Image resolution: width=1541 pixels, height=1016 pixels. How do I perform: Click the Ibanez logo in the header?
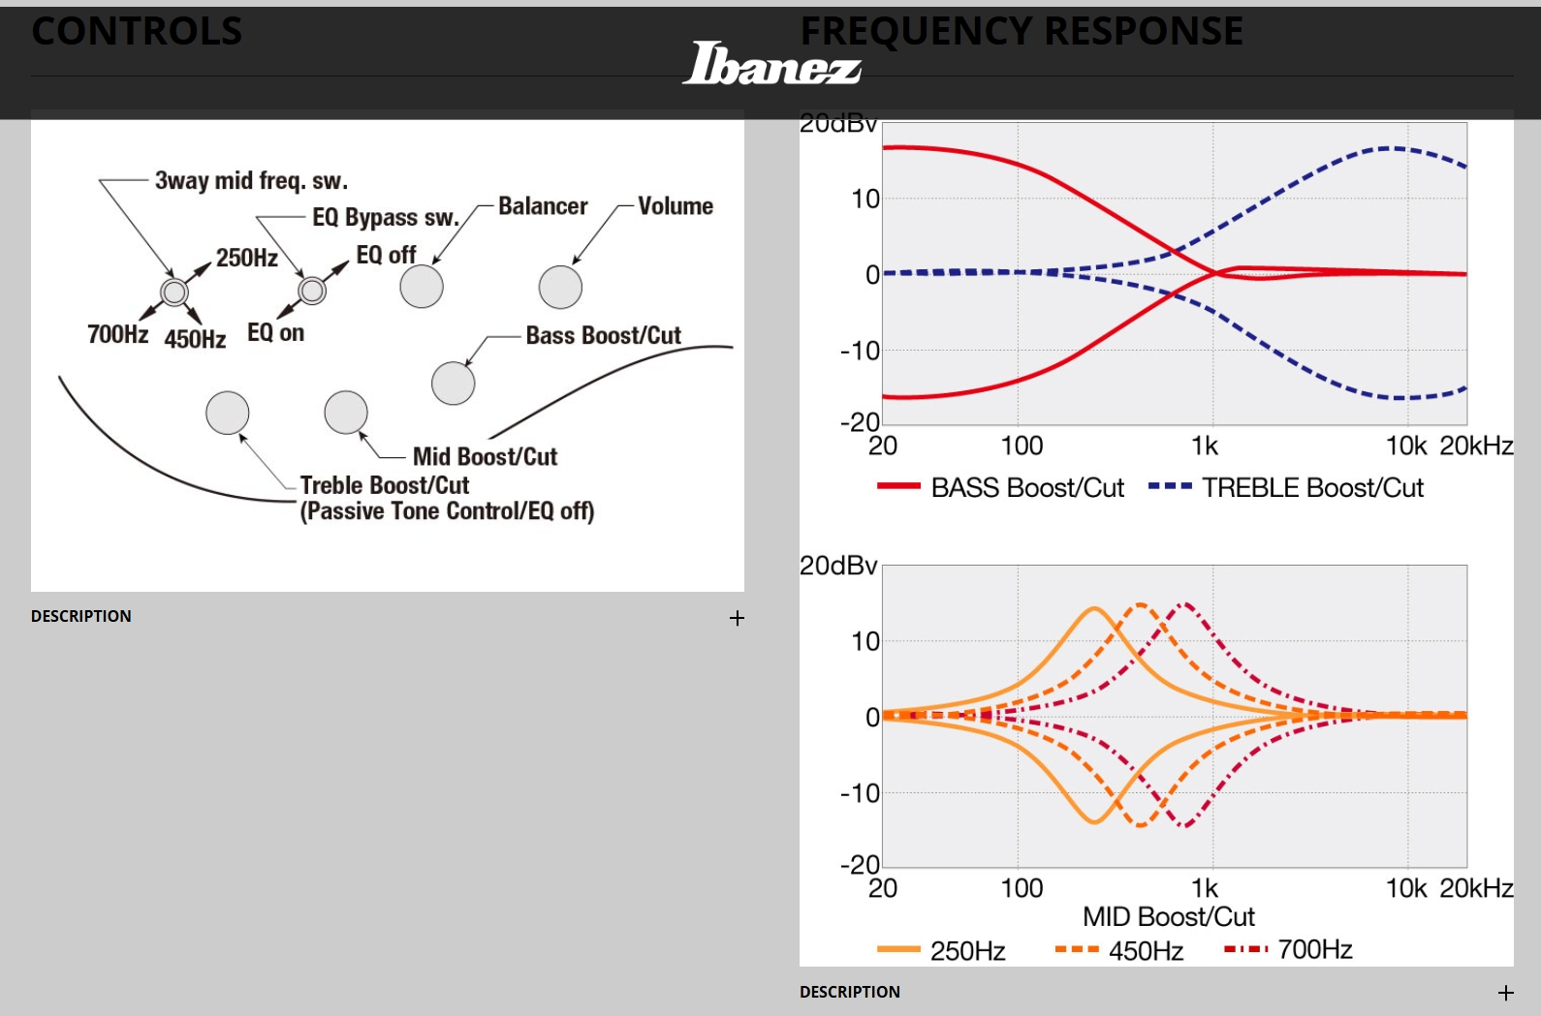click(x=771, y=64)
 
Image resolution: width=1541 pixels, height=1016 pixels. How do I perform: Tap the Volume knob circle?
click(x=560, y=287)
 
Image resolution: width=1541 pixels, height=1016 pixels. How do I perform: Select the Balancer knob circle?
click(x=422, y=287)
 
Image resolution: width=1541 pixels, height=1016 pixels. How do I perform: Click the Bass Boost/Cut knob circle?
click(x=453, y=383)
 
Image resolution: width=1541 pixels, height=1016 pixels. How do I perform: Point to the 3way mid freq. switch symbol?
click(x=174, y=292)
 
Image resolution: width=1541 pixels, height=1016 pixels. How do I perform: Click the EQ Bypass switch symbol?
click(x=312, y=290)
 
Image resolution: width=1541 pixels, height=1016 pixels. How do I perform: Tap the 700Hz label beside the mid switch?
click(x=117, y=334)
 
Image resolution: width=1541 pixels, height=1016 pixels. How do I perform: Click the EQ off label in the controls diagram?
click(x=386, y=255)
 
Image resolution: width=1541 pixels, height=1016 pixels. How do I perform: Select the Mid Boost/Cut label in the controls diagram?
click(x=485, y=456)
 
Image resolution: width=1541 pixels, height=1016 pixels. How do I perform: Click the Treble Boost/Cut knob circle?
click(x=228, y=413)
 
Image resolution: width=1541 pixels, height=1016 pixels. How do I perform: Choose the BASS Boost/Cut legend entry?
click(x=1000, y=487)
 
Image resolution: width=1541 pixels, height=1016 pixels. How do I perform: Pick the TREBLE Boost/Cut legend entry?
click(x=1285, y=487)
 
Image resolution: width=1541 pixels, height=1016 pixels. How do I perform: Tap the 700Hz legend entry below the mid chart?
click(x=1288, y=949)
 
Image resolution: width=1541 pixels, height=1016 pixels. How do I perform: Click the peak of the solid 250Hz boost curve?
click(x=1094, y=608)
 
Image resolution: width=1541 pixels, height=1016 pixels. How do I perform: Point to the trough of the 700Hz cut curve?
click(x=1184, y=826)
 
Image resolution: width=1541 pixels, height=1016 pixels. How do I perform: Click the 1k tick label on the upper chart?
click(x=1205, y=446)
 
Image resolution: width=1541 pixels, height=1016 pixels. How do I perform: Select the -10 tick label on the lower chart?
click(x=860, y=793)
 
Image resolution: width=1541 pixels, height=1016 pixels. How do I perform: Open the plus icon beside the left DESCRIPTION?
click(x=738, y=618)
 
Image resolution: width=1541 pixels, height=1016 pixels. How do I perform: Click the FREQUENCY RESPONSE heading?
click(x=1022, y=31)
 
